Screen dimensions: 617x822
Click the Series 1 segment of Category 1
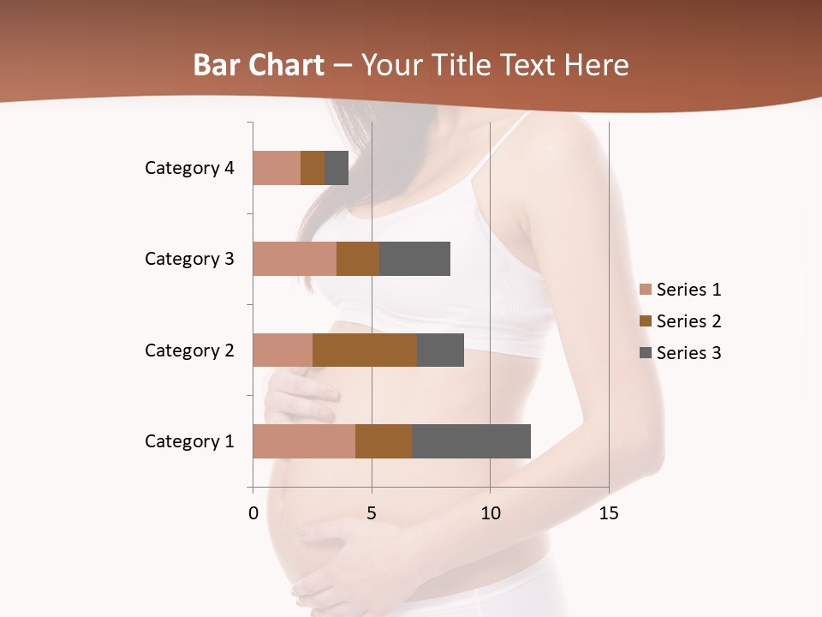[x=304, y=441]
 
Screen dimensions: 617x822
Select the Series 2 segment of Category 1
[x=384, y=441]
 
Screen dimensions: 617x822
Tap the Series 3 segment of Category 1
[x=471, y=441]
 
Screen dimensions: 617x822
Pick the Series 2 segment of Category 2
[x=365, y=350]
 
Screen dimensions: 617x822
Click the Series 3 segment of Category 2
[x=440, y=350]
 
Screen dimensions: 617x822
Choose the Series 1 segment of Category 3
[x=295, y=259]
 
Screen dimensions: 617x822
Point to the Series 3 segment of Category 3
[x=414, y=259]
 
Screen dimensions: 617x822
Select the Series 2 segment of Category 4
[x=313, y=168]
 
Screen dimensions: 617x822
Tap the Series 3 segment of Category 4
[x=337, y=168]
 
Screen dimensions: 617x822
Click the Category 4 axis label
[x=189, y=168]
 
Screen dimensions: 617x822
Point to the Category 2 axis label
[x=189, y=350]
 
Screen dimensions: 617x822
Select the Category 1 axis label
[x=189, y=441]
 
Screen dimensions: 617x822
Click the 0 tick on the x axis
[x=253, y=513]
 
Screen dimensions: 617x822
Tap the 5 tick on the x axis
[x=372, y=513]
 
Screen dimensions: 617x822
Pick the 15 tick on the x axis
[x=609, y=513]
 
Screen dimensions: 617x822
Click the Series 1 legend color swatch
[x=646, y=290]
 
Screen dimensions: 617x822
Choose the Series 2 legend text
[x=688, y=321]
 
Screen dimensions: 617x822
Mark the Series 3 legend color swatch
[x=646, y=353]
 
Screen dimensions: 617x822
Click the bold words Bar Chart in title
[x=259, y=65]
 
